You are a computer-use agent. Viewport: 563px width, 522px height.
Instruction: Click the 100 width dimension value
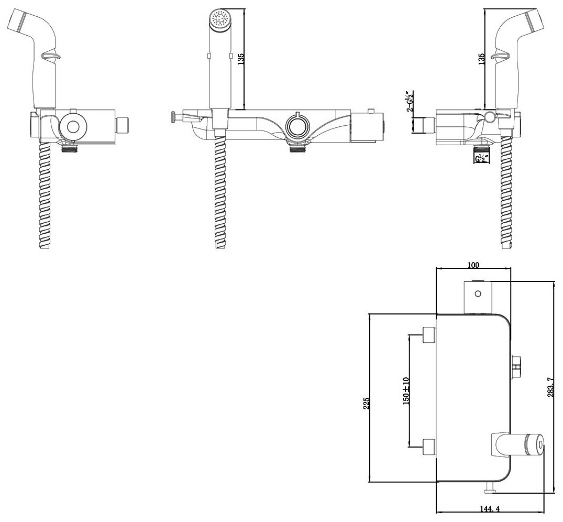click(x=473, y=265)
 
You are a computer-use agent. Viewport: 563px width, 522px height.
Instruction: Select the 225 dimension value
click(x=366, y=403)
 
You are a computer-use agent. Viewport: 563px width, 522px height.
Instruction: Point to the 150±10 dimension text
click(x=405, y=390)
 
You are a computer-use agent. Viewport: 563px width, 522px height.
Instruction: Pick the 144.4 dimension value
click(x=489, y=508)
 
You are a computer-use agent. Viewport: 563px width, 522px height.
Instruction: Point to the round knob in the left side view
click(x=72, y=126)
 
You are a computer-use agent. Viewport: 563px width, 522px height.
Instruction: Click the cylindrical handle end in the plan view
click(x=535, y=444)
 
